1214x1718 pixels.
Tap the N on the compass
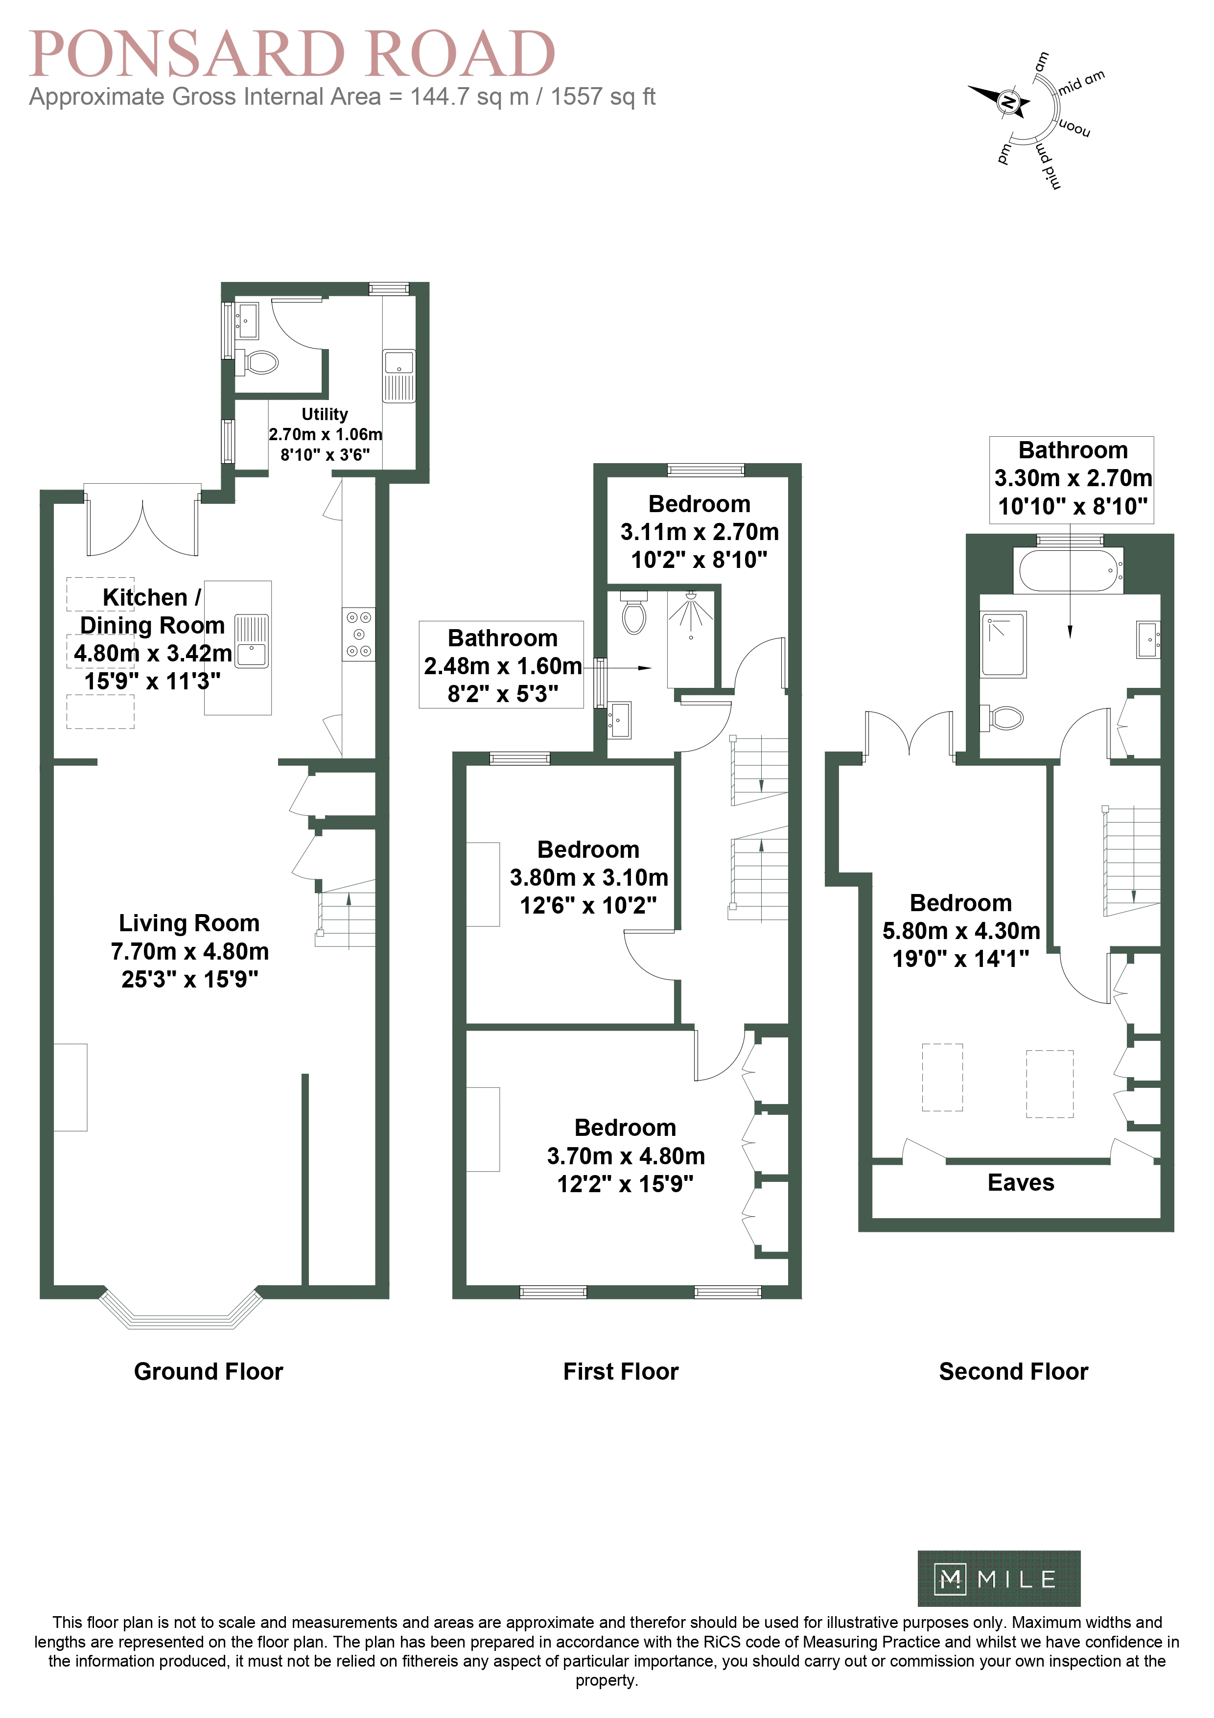tap(1008, 102)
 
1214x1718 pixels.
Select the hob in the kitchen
tap(359, 634)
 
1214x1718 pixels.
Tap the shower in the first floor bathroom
tap(690, 637)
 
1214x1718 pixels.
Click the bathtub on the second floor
tap(1068, 569)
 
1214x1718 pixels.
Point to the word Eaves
tap(1021, 1182)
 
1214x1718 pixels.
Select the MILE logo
tap(999, 1579)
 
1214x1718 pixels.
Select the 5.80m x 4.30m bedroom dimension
tap(961, 931)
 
